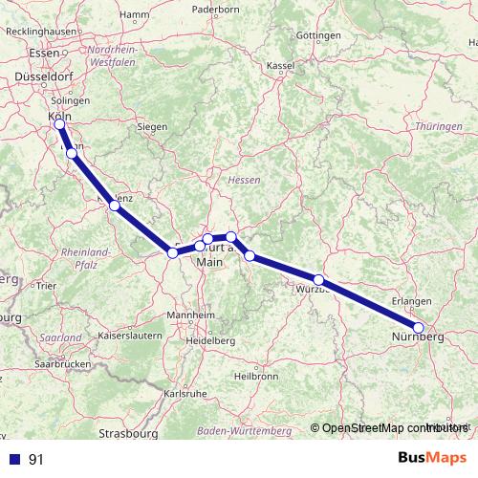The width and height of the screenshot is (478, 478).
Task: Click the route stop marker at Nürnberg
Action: pos(419,328)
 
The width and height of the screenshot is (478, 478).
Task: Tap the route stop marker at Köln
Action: pos(60,124)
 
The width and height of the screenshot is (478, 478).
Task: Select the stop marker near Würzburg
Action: pos(319,280)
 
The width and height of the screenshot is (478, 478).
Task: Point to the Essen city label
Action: pos(44,54)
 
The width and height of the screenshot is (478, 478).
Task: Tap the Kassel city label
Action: pos(280,66)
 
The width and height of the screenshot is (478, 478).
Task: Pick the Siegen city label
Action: pos(153,126)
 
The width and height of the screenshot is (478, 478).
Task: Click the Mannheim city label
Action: pos(189,315)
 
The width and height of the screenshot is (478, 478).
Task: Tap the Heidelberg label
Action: pos(211,340)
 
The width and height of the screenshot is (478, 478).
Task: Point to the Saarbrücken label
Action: pos(62,364)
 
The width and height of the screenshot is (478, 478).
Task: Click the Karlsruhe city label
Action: pos(186,393)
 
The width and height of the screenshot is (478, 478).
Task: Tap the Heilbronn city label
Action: pos(256,376)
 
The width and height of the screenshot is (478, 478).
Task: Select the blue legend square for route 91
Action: pos(14,459)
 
